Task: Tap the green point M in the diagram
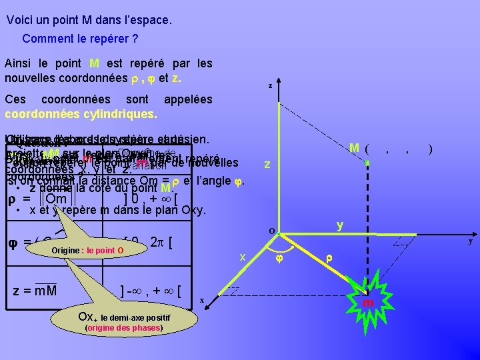(x=367, y=162)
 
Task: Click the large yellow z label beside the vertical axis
(x=267, y=164)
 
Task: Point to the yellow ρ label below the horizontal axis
(x=329, y=258)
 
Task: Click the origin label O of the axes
(x=273, y=231)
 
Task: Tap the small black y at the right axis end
(x=470, y=241)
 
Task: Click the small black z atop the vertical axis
(x=269, y=85)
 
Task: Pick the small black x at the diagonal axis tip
(x=201, y=300)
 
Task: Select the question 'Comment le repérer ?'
(x=80, y=39)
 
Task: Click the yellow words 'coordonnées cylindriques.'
(x=81, y=114)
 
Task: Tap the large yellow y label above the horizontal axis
(x=340, y=225)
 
